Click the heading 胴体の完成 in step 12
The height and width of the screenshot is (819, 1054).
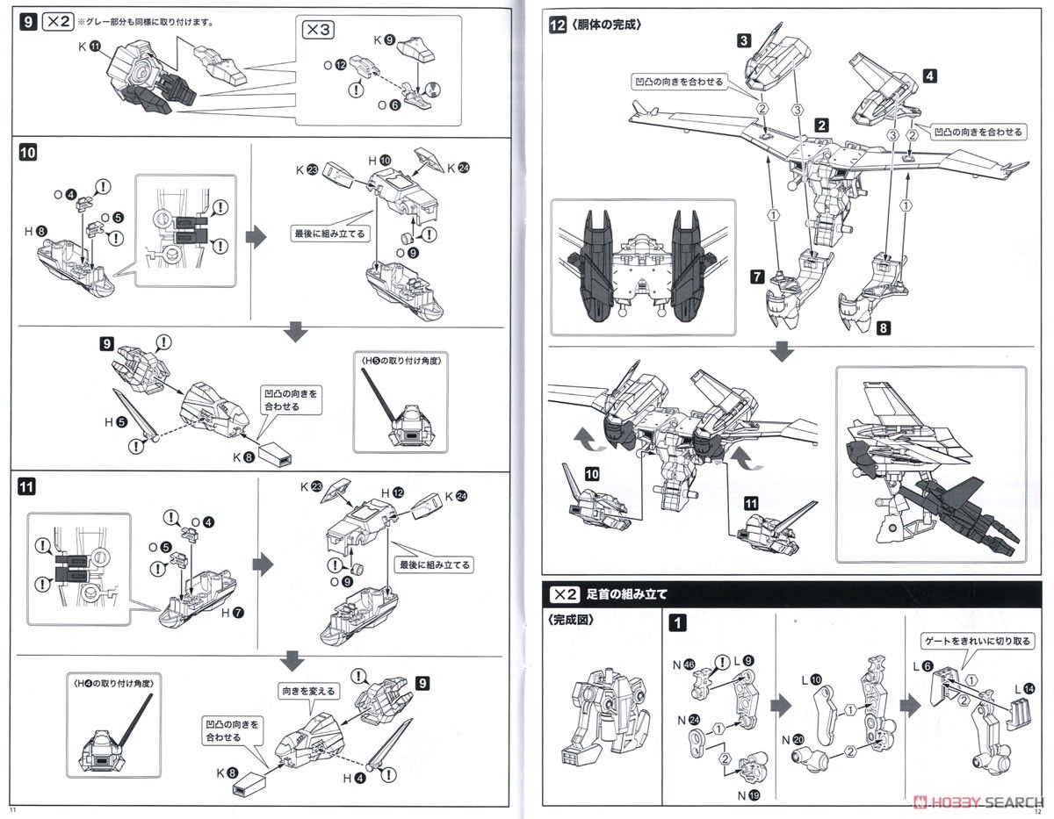click(x=606, y=25)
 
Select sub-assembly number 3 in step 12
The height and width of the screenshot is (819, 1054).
click(x=743, y=40)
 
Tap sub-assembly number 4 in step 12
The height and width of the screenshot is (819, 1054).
click(x=929, y=75)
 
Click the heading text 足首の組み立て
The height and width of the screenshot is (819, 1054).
click(x=626, y=594)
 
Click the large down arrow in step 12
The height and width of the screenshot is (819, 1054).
click(x=781, y=352)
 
